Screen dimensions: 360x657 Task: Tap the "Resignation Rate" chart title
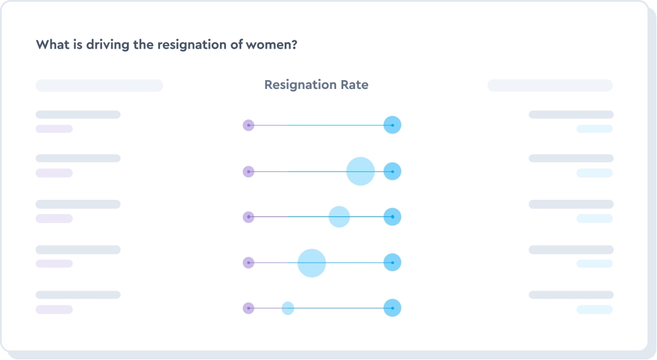pyautogui.click(x=316, y=85)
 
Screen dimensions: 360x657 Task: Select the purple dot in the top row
pyautogui.click(x=248, y=125)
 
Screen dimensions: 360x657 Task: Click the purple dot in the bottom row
pyautogui.click(x=248, y=308)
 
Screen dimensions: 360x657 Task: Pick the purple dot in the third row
pyautogui.click(x=248, y=217)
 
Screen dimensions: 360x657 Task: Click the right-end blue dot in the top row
pyautogui.click(x=392, y=125)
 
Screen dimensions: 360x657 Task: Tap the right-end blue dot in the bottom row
pyautogui.click(x=392, y=308)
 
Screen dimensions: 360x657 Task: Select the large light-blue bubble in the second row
pyautogui.click(x=361, y=171)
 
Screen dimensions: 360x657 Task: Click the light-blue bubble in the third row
pyautogui.click(x=339, y=216)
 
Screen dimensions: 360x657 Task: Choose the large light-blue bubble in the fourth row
pyautogui.click(x=312, y=263)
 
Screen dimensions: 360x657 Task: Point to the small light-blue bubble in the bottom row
pyautogui.click(x=288, y=308)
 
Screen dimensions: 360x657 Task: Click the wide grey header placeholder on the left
pyautogui.click(x=99, y=85)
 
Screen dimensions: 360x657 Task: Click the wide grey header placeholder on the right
pyautogui.click(x=550, y=85)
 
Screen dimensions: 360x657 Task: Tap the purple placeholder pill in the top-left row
pyautogui.click(x=54, y=129)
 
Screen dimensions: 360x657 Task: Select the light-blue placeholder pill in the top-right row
pyautogui.click(x=594, y=129)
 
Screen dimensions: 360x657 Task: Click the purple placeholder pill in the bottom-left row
pyautogui.click(x=54, y=310)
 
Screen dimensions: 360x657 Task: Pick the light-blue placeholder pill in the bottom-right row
pyautogui.click(x=594, y=310)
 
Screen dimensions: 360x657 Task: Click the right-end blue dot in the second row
pyautogui.click(x=392, y=171)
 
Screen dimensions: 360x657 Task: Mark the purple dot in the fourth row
pyautogui.click(x=248, y=263)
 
